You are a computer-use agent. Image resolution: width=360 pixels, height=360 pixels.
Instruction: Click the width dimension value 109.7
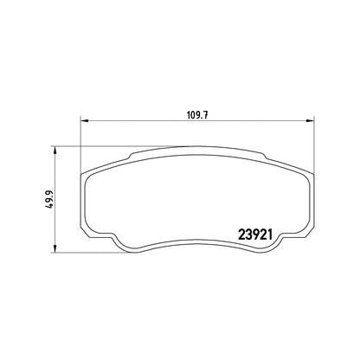(197, 115)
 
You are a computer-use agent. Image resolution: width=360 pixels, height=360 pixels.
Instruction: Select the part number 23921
(255, 235)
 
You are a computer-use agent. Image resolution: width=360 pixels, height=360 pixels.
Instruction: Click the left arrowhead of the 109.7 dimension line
(84, 120)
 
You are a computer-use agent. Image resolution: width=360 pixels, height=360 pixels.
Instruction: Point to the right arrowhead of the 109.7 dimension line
(310, 120)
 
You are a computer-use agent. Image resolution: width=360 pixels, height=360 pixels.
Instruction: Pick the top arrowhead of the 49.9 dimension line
(55, 150)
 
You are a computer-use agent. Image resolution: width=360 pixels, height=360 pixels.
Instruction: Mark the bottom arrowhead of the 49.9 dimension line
(55, 249)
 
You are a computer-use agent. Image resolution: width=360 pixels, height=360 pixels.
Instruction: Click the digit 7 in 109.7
(206, 115)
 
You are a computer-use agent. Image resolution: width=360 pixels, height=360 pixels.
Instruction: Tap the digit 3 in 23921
(248, 235)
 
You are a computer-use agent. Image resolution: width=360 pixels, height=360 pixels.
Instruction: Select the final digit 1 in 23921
(270, 235)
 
